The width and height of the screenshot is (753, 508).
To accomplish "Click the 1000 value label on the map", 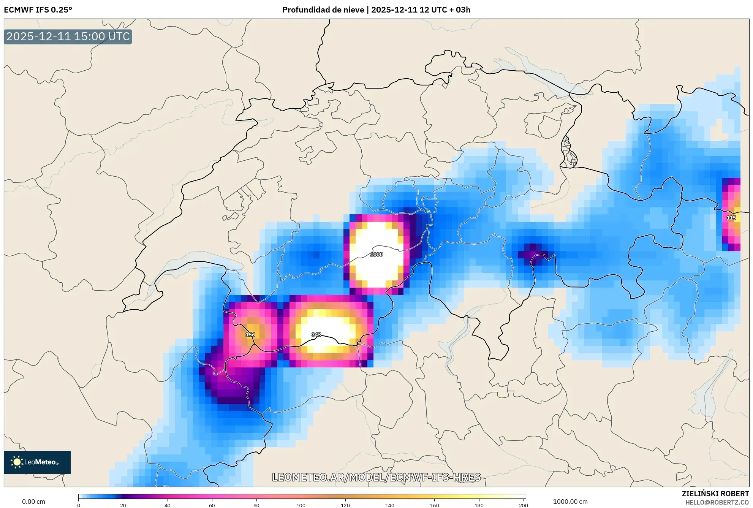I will [376, 254].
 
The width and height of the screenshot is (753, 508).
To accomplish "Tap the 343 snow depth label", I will [316, 334].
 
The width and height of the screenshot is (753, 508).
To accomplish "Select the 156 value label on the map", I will [250, 334].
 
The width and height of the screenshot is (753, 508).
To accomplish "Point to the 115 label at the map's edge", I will [731, 218].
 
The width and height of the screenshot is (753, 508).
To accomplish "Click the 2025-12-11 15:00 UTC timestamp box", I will [68, 37].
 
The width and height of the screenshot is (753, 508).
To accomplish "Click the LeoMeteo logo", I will [37, 462].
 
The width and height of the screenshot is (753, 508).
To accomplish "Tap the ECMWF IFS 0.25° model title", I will [38, 10].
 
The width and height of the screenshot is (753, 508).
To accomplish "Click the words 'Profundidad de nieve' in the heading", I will [323, 10].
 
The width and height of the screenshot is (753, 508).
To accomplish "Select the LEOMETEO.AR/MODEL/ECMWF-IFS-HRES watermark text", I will [376, 477].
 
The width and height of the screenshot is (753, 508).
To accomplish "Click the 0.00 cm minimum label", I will [33, 502].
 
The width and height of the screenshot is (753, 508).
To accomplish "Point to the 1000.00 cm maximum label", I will [570, 502].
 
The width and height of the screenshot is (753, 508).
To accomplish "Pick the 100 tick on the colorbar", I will [301, 505].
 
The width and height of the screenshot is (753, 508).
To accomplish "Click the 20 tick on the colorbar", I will [123, 505].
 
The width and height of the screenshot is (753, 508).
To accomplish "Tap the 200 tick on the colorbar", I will [524, 505].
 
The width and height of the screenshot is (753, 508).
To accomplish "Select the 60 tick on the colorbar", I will [212, 505].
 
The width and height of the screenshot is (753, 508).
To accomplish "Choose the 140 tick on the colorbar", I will [390, 505].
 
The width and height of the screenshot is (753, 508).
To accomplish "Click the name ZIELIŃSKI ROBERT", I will [715, 494].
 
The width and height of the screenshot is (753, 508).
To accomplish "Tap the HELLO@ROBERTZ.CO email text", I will [717, 502].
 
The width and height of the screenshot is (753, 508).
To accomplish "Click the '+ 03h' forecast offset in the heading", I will [460, 10].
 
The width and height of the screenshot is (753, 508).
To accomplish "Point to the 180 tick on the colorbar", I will [479, 505].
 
